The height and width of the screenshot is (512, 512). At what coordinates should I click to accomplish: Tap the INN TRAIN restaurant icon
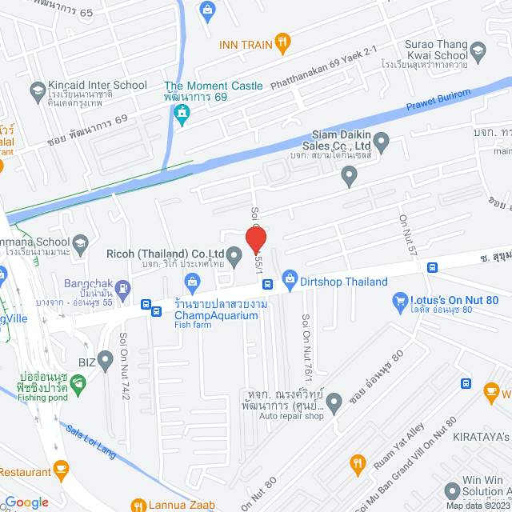point(282,43)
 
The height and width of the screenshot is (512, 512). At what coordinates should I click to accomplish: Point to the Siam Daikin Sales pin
point(382,145)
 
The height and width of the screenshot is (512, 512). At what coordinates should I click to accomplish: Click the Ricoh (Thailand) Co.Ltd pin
point(234,257)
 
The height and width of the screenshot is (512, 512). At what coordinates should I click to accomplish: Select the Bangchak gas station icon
point(122,287)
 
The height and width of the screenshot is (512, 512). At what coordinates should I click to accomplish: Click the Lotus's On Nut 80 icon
point(401,302)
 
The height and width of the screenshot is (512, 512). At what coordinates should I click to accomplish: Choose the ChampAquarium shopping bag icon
point(192,281)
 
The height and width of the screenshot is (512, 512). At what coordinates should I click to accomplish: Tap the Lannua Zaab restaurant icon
point(138,506)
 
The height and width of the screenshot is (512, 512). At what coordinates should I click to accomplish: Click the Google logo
point(26,502)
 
